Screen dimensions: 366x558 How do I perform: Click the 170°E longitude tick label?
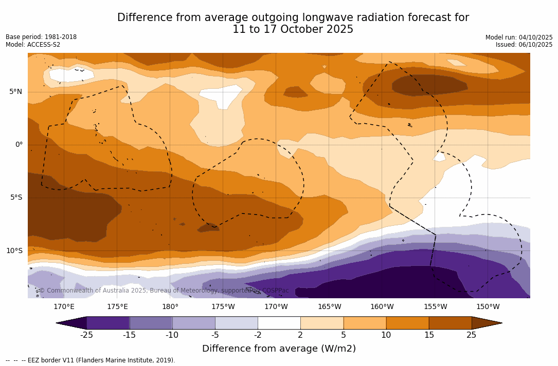tap(64, 307)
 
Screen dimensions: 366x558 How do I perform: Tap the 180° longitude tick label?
tap(170, 307)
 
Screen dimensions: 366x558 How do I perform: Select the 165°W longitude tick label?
tap(329, 307)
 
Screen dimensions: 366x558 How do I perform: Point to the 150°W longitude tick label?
tap(488, 307)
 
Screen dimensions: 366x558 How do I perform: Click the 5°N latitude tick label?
tap(15, 92)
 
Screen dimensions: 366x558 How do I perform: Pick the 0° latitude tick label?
tap(19, 145)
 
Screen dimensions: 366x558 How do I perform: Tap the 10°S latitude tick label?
tap(14, 251)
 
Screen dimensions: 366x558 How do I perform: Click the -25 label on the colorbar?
tap(86, 335)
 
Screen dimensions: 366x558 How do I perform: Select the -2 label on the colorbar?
tap(258, 335)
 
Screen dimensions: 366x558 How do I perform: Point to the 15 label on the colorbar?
tap(429, 335)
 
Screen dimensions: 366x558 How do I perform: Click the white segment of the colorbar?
tap(279, 323)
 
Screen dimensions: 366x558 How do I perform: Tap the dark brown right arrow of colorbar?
tap(486, 323)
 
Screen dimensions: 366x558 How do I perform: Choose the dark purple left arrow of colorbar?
tap(72, 323)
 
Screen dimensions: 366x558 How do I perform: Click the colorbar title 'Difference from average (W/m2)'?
tap(279, 349)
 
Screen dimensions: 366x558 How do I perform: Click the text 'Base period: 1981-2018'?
tap(41, 37)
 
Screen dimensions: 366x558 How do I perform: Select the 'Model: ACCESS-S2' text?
tap(33, 45)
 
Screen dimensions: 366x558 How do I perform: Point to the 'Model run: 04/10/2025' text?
tap(519, 37)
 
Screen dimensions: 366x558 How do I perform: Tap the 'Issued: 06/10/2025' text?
tap(524, 45)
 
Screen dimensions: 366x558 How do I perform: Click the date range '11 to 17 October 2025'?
tap(293, 30)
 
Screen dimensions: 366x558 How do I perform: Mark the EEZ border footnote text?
tap(91, 360)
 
